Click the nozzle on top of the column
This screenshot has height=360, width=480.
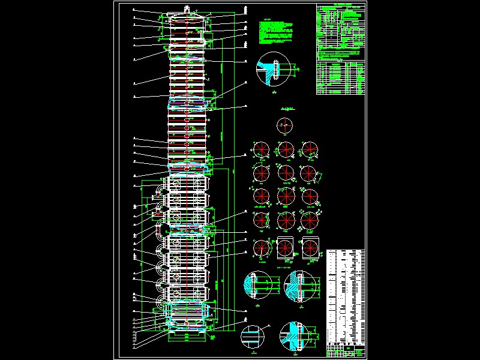pos(188,10)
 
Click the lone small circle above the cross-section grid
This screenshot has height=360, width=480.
pos(285,126)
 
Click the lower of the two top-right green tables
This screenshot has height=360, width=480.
pos(340,78)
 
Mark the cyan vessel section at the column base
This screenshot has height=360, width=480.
pos(188,316)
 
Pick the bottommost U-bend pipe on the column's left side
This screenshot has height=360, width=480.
pos(160,299)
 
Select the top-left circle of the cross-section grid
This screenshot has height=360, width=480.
pos(262,149)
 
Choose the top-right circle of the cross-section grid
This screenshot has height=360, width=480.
pos(309,149)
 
